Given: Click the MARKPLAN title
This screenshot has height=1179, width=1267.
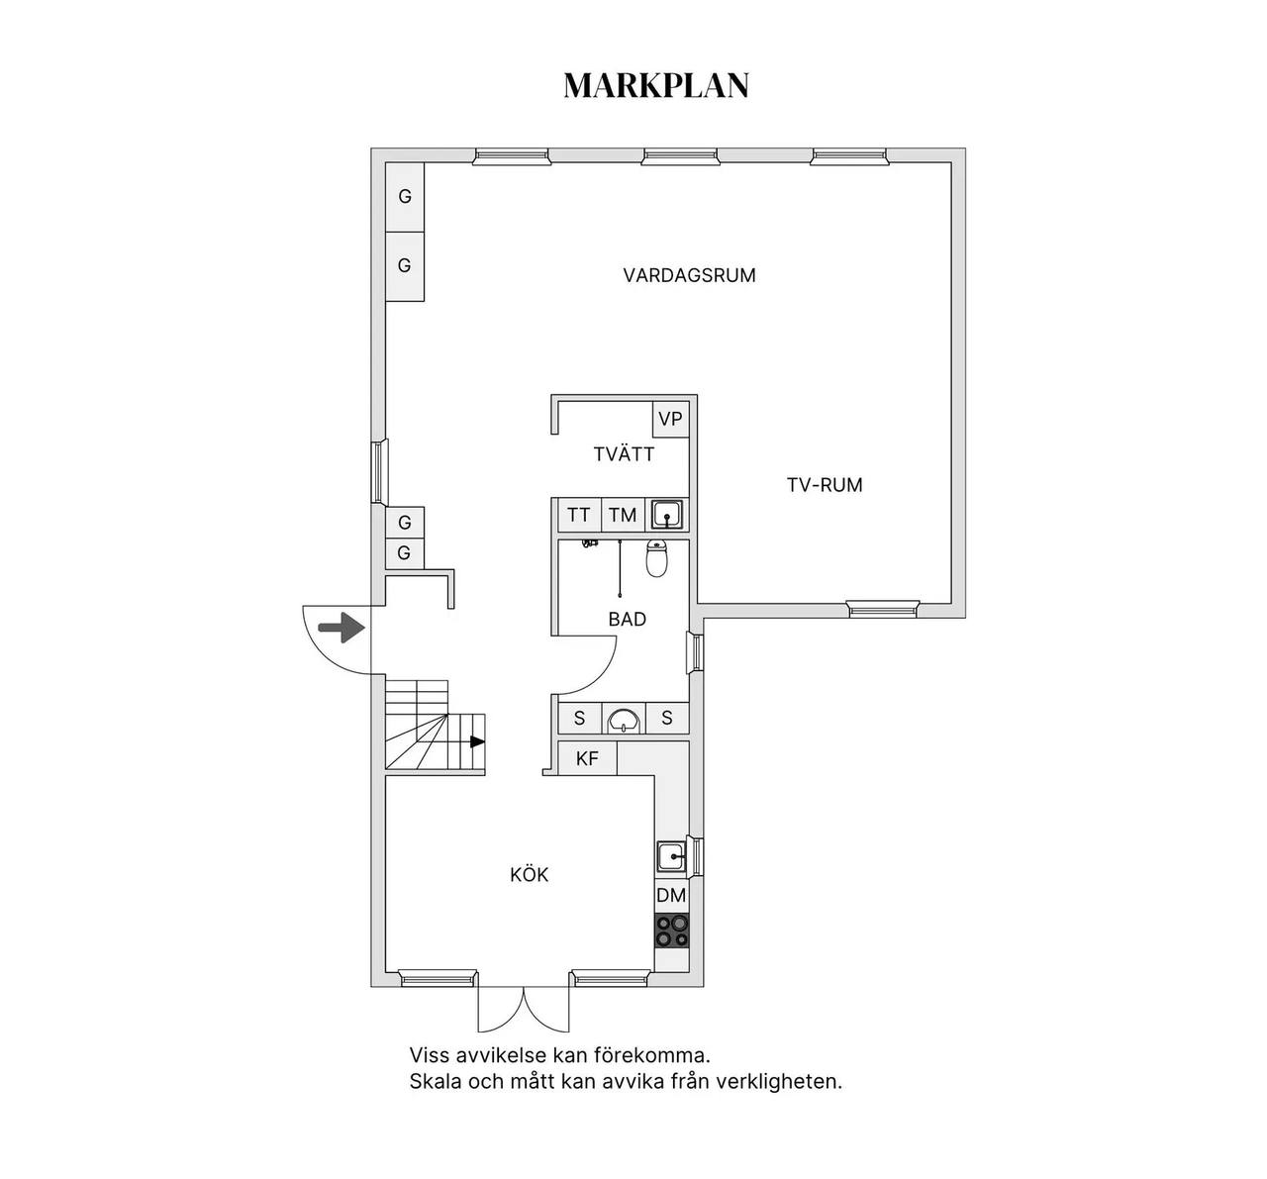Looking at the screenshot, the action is pyautogui.click(x=656, y=85).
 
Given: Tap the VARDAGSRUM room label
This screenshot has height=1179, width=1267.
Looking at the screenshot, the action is pyautogui.click(x=689, y=276).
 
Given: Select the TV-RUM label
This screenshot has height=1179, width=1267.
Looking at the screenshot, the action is pyautogui.click(x=825, y=485).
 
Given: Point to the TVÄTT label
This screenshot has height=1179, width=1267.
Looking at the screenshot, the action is pyautogui.click(x=624, y=454).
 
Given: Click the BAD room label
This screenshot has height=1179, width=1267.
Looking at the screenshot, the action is pyautogui.click(x=628, y=619).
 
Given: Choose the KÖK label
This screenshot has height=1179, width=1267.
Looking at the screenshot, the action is pyautogui.click(x=529, y=874).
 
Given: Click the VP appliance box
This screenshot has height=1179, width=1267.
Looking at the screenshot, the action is pyautogui.click(x=670, y=420).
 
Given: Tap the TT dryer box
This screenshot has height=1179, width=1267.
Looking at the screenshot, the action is pyautogui.click(x=579, y=515).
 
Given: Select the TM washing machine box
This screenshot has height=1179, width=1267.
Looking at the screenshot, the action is pyautogui.click(x=623, y=515).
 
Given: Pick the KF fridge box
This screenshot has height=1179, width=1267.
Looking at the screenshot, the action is pyautogui.click(x=588, y=758).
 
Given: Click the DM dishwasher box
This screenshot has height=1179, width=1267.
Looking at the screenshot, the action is pyautogui.click(x=671, y=896).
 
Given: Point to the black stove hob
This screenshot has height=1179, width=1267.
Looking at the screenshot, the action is pyautogui.click(x=672, y=932).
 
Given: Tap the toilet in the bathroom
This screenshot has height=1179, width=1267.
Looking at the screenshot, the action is pyautogui.click(x=656, y=558).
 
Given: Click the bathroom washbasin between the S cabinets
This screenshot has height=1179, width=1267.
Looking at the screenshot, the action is pyautogui.click(x=624, y=720).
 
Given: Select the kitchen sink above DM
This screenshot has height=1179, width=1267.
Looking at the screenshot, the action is pyautogui.click(x=671, y=856).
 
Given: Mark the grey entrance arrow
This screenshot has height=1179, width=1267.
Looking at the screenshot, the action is pyautogui.click(x=341, y=629).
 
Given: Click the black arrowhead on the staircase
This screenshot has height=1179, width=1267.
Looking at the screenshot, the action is pyautogui.click(x=477, y=741).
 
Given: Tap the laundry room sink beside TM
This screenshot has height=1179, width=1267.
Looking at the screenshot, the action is pyautogui.click(x=667, y=515).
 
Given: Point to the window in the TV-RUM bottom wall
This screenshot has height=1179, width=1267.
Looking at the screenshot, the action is pyautogui.click(x=883, y=609).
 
